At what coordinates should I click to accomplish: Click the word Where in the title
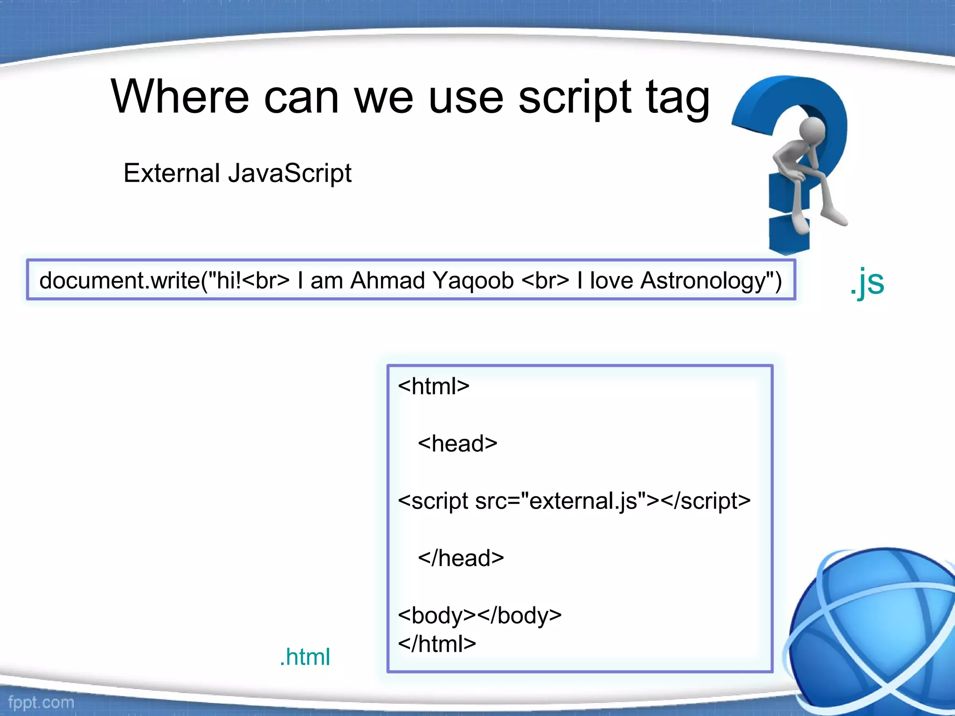click(180, 96)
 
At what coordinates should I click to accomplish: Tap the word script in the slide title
click(575, 98)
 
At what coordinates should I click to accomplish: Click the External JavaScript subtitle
click(237, 173)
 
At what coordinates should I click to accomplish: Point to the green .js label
click(867, 282)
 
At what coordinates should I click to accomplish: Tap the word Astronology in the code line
click(704, 281)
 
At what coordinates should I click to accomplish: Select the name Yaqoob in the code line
click(473, 281)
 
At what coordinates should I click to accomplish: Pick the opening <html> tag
click(434, 386)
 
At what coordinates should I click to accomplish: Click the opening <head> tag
click(457, 443)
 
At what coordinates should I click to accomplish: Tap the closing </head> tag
click(461, 558)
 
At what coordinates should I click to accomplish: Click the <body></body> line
click(479, 615)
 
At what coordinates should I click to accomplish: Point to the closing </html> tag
click(437, 644)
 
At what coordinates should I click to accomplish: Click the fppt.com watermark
click(41, 702)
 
